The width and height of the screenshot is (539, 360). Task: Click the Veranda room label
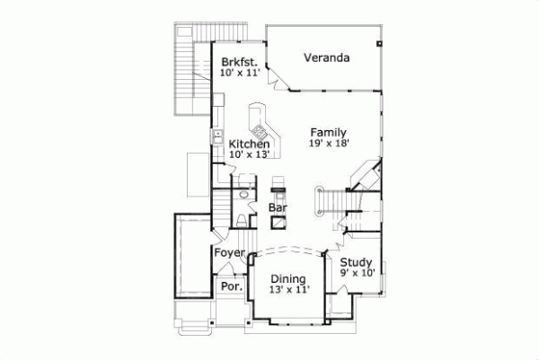(x=326, y=58)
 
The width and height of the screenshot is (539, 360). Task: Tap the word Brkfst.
(x=240, y=62)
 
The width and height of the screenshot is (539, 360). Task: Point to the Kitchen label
(x=249, y=144)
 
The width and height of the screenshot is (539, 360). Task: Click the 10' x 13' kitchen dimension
(x=249, y=154)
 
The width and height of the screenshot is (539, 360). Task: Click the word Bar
(x=278, y=208)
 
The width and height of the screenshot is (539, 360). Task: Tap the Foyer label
(x=230, y=254)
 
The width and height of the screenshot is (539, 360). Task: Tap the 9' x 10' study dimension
(x=356, y=273)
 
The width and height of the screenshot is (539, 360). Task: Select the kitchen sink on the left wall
(x=217, y=136)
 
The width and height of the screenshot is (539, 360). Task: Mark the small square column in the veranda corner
(x=380, y=41)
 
